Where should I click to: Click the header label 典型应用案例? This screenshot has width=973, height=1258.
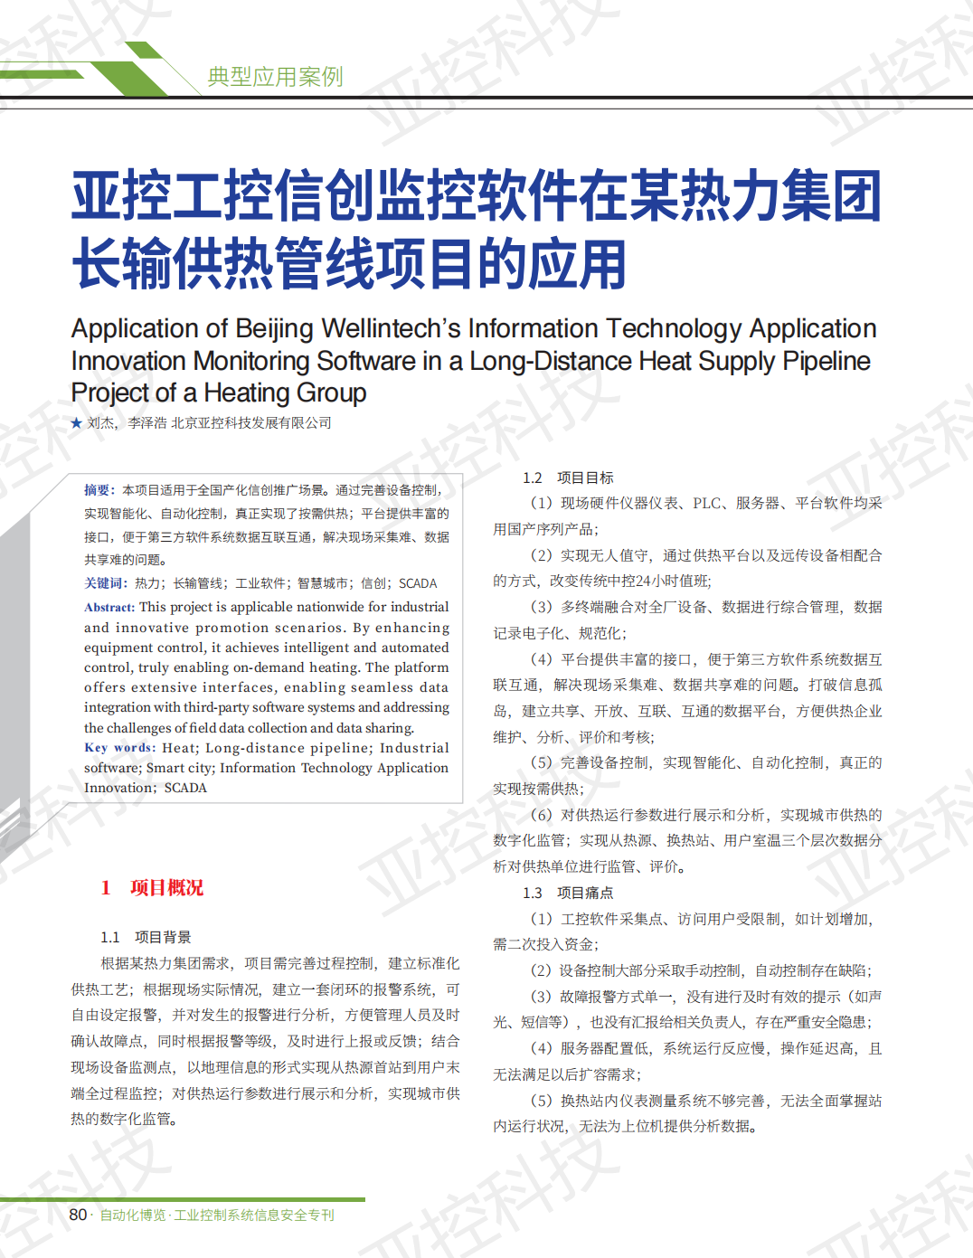(x=275, y=77)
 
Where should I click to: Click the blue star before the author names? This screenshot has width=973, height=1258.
(x=77, y=423)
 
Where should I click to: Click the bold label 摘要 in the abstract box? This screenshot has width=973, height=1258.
(x=98, y=490)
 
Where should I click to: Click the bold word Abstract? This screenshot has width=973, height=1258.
(x=109, y=608)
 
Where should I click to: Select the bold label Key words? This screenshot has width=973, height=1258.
(x=118, y=748)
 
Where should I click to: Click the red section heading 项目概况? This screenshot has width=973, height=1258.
(x=167, y=888)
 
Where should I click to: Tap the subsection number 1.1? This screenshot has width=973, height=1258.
(x=110, y=937)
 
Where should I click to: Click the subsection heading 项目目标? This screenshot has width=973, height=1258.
(x=585, y=478)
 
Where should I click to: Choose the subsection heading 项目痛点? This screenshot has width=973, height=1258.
(x=585, y=893)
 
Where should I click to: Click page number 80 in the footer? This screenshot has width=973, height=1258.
(x=78, y=1215)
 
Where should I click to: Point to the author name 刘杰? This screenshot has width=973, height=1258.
(x=100, y=423)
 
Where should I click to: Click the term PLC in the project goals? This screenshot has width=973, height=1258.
(x=707, y=504)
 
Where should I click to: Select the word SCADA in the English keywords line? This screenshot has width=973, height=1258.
(x=185, y=788)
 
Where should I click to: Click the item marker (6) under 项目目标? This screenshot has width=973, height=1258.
(x=542, y=815)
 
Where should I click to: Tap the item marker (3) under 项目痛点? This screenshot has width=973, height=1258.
(x=542, y=997)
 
